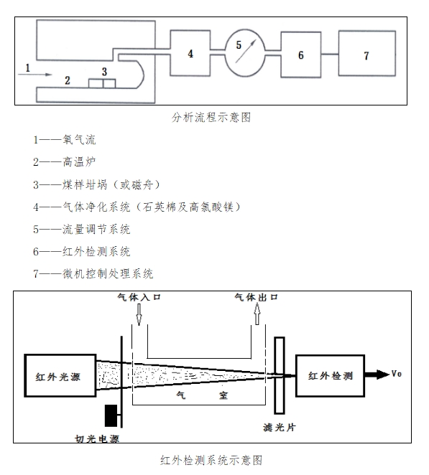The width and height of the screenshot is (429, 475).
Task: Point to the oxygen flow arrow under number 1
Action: [35, 74]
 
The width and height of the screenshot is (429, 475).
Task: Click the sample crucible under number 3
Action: [102, 83]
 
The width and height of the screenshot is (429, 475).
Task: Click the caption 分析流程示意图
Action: [211, 117]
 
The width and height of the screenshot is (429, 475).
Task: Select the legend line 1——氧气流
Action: [65, 140]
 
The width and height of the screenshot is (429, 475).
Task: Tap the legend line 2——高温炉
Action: [65, 161]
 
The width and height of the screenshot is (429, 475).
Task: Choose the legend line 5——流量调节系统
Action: [82, 229]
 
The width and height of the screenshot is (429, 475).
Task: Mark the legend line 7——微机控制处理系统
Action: [93, 274]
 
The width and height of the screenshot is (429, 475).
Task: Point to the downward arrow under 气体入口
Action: [139, 314]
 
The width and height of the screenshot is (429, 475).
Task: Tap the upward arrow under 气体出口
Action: [257, 314]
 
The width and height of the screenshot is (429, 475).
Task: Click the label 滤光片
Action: [279, 428]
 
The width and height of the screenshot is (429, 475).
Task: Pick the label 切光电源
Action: [97, 438]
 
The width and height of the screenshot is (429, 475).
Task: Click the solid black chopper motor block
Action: [111, 415]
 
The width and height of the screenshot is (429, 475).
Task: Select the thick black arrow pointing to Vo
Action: [377, 375]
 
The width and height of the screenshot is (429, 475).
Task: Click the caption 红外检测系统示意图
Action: [211, 461]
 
